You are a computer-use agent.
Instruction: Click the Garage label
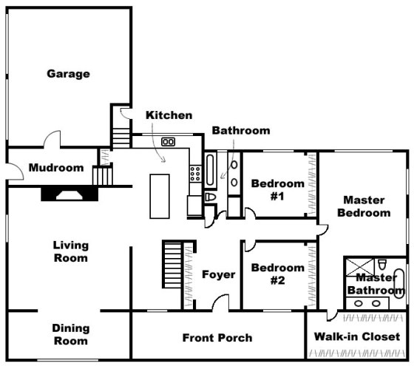(68, 73)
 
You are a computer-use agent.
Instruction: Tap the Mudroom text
(55, 168)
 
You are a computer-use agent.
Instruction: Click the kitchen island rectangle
(160, 195)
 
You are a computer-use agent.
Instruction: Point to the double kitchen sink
(168, 142)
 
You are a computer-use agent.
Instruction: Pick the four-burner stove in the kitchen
(196, 173)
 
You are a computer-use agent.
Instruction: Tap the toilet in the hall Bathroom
(209, 198)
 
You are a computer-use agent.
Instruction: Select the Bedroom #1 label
(277, 189)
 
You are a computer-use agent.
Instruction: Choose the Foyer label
(218, 274)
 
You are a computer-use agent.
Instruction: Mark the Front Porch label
(217, 338)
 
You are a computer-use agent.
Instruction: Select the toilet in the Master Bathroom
(382, 265)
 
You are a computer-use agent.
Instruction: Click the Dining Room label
(70, 334)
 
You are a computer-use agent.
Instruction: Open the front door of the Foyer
(220, 304)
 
